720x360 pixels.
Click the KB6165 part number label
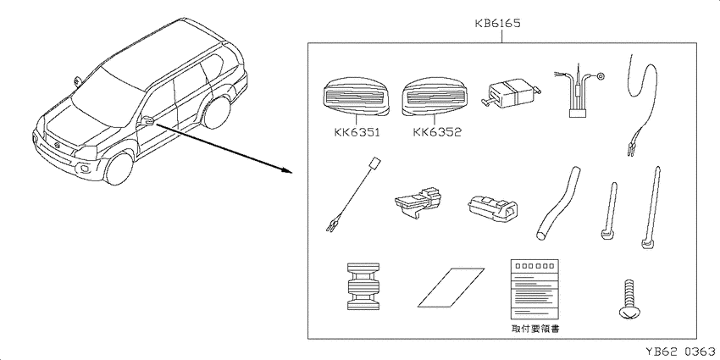(498, 24)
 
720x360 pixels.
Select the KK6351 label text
(357, 133)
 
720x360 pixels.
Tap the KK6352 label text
(437, 133)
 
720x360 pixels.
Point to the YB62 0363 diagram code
(680, 352)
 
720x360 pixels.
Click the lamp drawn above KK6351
(357, 97)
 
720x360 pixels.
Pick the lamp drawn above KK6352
(435, 97)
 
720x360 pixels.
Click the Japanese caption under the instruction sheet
(535, 329)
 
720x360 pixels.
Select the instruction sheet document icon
(535, 290)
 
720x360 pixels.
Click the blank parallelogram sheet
(451, 287)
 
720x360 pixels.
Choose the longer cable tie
(651, 208)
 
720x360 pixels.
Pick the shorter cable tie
(609, 211)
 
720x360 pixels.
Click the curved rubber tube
(557, 203)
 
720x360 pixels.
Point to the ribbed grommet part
(363, 286)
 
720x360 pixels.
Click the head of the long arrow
(287, 171)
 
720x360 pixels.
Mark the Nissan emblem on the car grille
(58, 146)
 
